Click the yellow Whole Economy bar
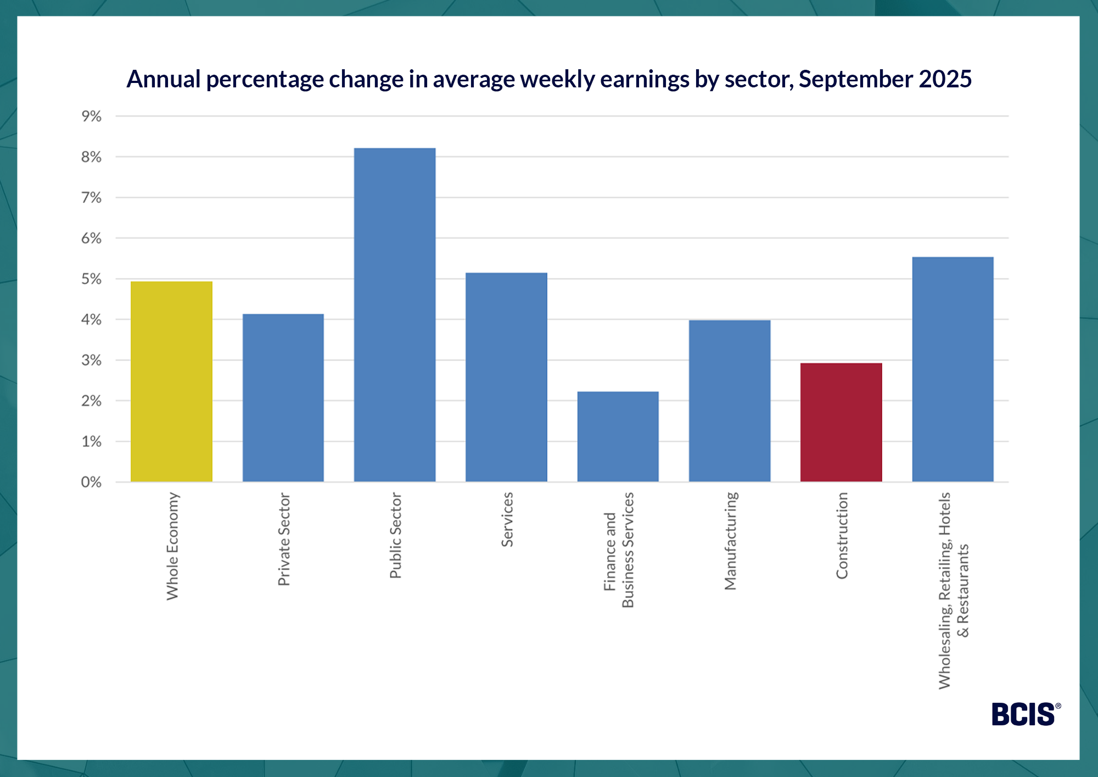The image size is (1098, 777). pos(171,381)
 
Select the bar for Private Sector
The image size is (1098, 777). pos(283,398)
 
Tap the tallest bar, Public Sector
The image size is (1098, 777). pos(395,315)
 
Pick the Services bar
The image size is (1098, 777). pos(506,377)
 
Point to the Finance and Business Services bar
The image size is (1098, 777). pos(618,436)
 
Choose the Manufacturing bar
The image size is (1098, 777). pos(730,401)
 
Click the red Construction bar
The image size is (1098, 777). pos(841,422)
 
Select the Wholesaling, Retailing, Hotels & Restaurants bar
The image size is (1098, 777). pos(953,369)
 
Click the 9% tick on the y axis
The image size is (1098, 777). pos(91,116)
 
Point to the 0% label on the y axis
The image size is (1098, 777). pos(91,482)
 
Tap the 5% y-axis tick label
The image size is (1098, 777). pos(91,279)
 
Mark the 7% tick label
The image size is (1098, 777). pos(91,198)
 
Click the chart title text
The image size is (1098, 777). pos(549,79)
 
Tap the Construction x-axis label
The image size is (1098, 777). pos(842,536)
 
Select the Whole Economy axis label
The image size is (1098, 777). pos(172,546)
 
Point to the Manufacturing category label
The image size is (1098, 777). pos(730,541)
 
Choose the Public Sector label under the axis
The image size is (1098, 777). pos(395,536)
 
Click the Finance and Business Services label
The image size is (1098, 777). pos(619,550)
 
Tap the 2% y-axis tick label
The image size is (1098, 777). pos(91,401)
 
